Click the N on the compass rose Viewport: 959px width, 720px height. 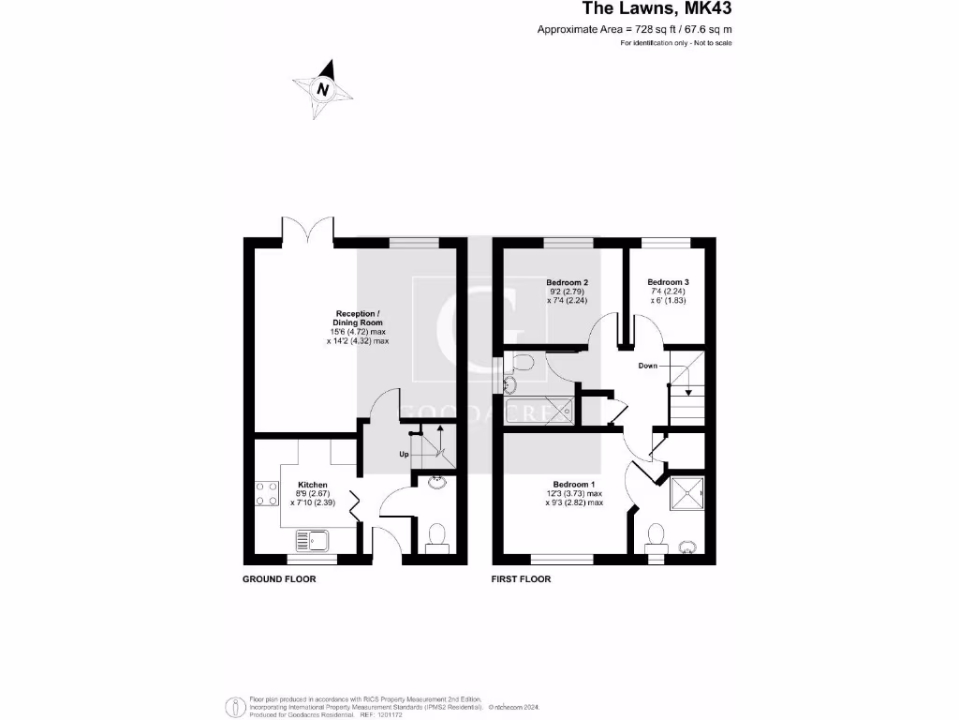click(323, 90)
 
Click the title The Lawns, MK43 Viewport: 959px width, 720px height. click(657, 9)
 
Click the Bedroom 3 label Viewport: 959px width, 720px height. click(668, 282)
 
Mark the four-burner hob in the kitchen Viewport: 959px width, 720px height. click(266, 493)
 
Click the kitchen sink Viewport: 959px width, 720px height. click(310, 541)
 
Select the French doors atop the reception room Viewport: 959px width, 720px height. click(306, 230)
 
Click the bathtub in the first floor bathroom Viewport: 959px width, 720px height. click(538, 410)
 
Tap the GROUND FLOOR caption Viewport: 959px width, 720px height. click(279, 579)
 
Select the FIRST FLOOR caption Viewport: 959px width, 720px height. click(522, 579)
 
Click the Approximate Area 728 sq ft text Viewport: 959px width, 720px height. click(634, 30)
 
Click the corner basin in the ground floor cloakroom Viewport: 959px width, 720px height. click(436, 484)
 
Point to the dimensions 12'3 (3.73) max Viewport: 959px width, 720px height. click(574, 494)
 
